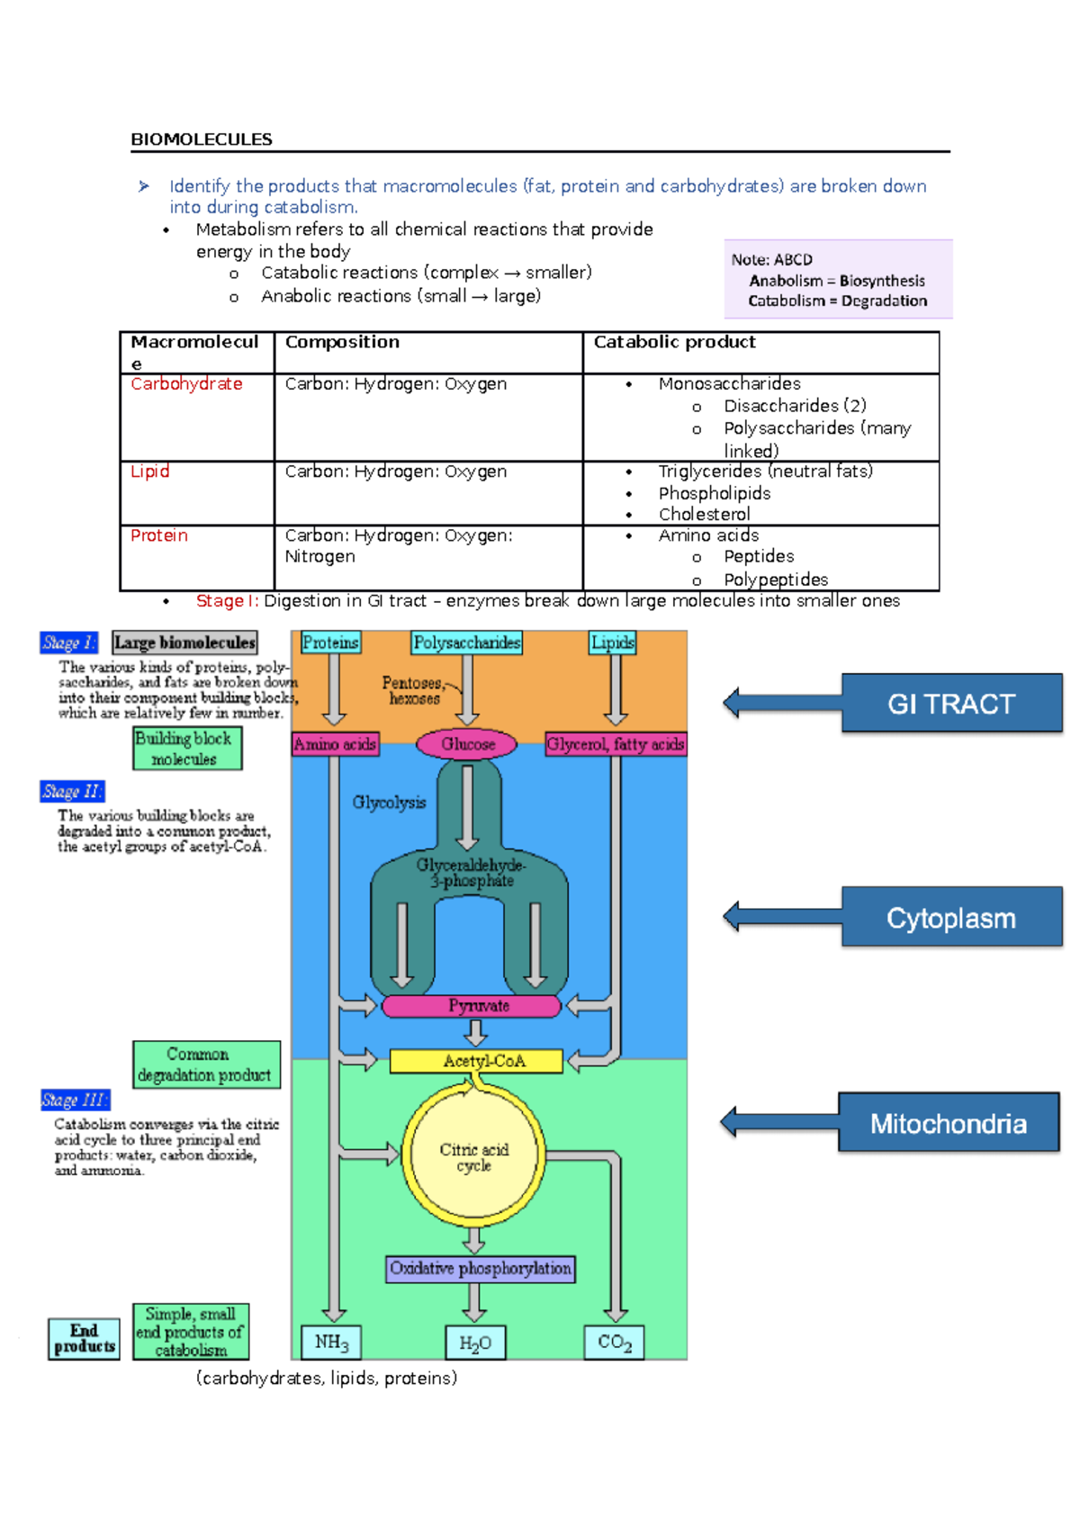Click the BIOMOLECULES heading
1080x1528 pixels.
(x=202, y=139)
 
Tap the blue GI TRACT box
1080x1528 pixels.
(x=951, y=703)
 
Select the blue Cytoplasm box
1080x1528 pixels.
(x=951, y=917)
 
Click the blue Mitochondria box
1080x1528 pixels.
(x=948, y=1122)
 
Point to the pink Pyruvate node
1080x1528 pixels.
(x=472, y=1005)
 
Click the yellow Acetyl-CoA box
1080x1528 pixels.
(x=476, y=1061)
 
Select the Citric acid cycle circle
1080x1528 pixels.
(x=473, y=1156)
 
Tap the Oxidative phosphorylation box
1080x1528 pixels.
(x=480, y=1268)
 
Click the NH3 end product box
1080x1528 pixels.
(x=330, y=1342)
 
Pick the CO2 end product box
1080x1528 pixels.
(x=614, y=1342)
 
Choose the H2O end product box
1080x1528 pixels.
(x=475, y=1343)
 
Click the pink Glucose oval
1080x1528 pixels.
(x=467, y=744)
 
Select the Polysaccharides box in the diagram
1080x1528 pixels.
(x=466, y=643)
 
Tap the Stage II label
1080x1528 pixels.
(x=72, y=791)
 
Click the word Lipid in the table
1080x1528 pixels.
(x=149, y=472)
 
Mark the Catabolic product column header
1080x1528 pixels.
(x=674, y=342)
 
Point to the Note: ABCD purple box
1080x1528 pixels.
(x=837, y=280)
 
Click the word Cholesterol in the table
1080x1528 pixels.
(x=704, y=514)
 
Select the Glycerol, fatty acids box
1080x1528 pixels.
(x=615, y=744)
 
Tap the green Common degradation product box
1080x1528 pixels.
(x=206, y=1065)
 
